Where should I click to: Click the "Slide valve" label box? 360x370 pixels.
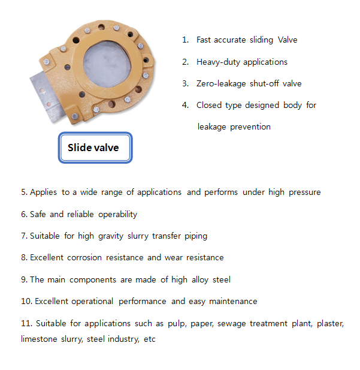tap(95, 148)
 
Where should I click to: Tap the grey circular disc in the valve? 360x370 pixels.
tap(107, 64)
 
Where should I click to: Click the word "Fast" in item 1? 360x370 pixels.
tap(204, 40)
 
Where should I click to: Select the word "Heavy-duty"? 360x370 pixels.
tap(218, 62)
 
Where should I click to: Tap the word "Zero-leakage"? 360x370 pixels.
tap(221, 84)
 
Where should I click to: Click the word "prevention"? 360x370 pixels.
tap(250, 127)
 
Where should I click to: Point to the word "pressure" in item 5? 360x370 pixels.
tap(305, 192)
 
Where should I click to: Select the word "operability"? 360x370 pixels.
tap(117, 215)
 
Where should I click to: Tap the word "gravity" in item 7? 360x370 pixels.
tap(111, 236)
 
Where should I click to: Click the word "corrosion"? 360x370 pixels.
tap(84, 257)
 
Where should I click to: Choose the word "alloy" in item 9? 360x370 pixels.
tap(200, 280)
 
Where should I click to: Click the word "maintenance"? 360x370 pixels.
tap(233, 301)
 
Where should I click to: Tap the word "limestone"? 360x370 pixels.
tap(39, 339)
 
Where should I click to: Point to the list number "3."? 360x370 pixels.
tap(186, 83)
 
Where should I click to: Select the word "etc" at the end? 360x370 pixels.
tap(150, 339)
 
